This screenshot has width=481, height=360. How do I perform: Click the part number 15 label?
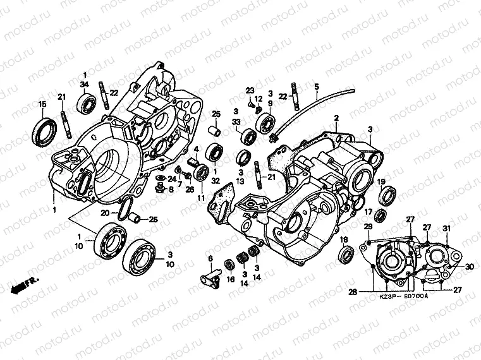(42, 104)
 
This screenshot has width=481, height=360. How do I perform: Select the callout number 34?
(84, 85)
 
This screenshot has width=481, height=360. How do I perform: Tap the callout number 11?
(201, 199)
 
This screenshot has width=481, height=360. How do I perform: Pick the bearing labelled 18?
(347, 256)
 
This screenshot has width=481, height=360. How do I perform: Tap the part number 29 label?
(368, 226)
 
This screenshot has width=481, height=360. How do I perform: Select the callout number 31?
(446, 228)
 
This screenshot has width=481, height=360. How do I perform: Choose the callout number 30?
(470, 267)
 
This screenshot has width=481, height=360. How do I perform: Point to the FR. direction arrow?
(25, 284)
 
